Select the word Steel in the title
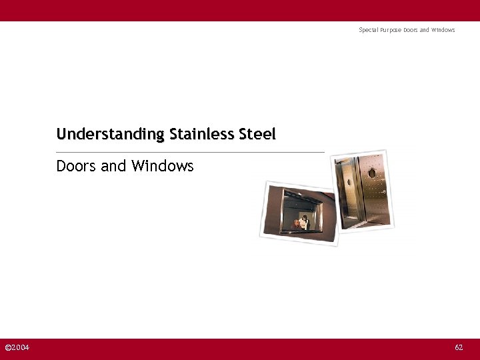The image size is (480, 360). pyautogui.click(x=255, y=134)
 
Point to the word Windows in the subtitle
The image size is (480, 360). pyautogui.click(x=162, y=166)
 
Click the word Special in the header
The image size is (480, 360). pyautogui.click(x=369, y=30)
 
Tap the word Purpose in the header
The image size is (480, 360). pyautogui.click(x=391, y=30)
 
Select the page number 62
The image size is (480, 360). pyautogui.click(x=459, y=347)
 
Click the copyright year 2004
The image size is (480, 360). pyautogui.click(x=20, y=347)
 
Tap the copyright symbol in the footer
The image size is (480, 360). pyautogui.click(x=7, y=347)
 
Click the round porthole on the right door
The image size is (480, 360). pyautogui.click(x=372, y=173)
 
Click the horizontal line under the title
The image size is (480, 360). pyautogui.click(x=190, y=152)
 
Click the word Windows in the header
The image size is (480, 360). pyautogui.click(x=443, y=30)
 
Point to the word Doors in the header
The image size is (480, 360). pyautogui.click(x=410, y=30)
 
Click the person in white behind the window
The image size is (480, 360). pyautogui.click(x=305, y=221)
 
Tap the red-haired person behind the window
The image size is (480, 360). pyautogui.click(x=295, y=224)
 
